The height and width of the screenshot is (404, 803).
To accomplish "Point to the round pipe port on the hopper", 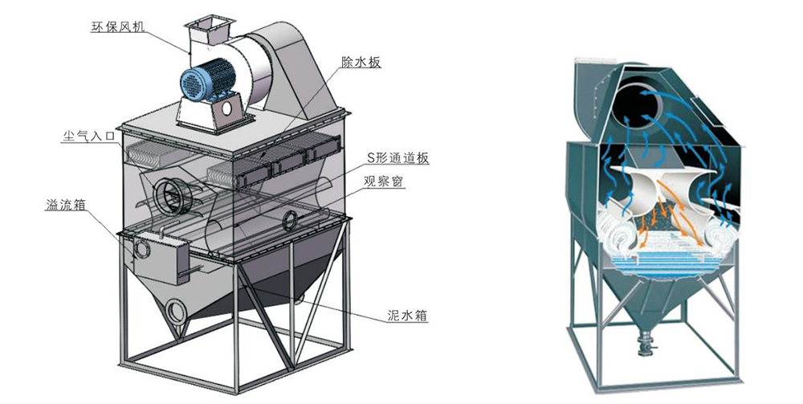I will tap(177, 308).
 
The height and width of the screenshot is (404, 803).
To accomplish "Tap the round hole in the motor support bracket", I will tap(227, 105).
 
